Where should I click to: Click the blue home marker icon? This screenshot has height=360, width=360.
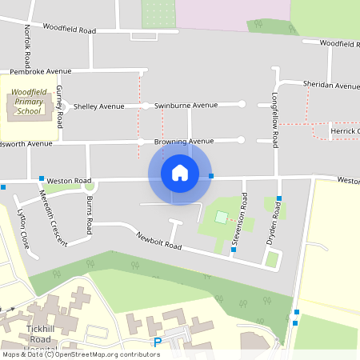[180, 172]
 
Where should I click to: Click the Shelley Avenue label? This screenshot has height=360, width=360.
[99, 106]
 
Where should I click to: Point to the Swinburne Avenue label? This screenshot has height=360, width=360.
[186, 105]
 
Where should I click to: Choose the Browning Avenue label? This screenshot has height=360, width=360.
[184, 142]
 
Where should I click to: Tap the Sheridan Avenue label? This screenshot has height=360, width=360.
[330, 85]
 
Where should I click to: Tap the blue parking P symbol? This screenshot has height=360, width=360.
[157, 342]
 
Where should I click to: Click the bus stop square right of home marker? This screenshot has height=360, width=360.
[211, 176]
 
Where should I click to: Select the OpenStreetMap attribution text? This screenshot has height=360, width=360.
[80, 354]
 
